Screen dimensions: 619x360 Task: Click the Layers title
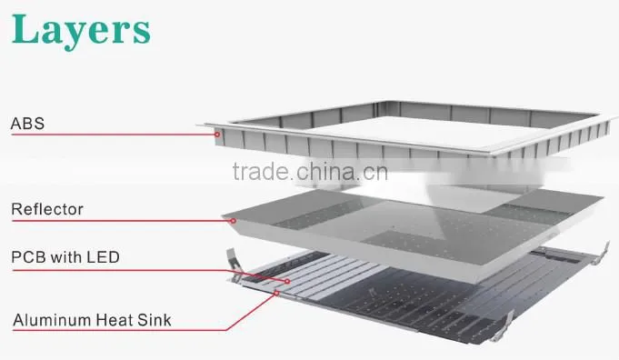click(x=81, y=30)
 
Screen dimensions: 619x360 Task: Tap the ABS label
click(x=27, y=124)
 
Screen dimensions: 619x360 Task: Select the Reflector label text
click(x=47, y=209)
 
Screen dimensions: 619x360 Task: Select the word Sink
click(x=155, y=320)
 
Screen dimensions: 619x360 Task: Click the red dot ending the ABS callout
click(x=217, y=135)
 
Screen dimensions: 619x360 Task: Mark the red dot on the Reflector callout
click(x=234, y=221)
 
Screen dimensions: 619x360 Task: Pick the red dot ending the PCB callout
click(x=287, y=282)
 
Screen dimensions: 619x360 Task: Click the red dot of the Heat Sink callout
click(x=276, y=294)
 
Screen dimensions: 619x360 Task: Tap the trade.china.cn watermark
click(x=310, y=172)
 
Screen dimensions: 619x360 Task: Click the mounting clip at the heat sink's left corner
click(x=234, y=264)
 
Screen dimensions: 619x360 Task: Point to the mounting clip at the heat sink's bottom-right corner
click(x=502, y=326)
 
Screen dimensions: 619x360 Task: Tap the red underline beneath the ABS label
click(x=114, y=135)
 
